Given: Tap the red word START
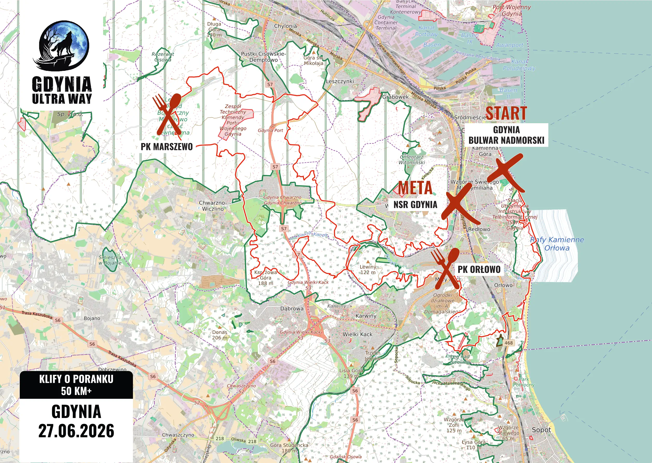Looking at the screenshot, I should pyautogui.click(x=506, y=113).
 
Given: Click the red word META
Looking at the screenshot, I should pyautogui.click(x=415, y=188).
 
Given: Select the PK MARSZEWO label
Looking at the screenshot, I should pyautogui.click(x=167, y=147).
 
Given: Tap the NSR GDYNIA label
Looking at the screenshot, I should pyautogui.click(x=415, y=204).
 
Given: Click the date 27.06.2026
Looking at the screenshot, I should pyautogui.click(x=76, y=431).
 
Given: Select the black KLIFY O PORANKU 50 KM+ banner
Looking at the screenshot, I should pyautogui.click(x=76, y=385).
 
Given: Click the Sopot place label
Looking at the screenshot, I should pyautogui.click(x=541, y=430).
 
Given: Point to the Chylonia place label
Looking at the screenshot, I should pyautogui.click(x=285, y=26).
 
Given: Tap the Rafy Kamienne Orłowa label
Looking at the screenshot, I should pyautogui.click(x=557, y=244).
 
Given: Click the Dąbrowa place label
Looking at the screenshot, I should pyautogui.click(x=292, y=309).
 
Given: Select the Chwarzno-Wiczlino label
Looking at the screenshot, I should pyautogui.click(x=213, y=206).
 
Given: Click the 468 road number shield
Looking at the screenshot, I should pyautogui.click(x=508, y=343).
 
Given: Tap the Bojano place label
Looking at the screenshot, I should pyautogui.click(x=92, y=318).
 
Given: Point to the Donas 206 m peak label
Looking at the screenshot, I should pyautogui.click(x=219, y=335).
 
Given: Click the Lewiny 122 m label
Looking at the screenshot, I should pyautogui.click(x=368, y=270).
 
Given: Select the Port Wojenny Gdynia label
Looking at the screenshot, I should pyautogui.click(x=512, y=10).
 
